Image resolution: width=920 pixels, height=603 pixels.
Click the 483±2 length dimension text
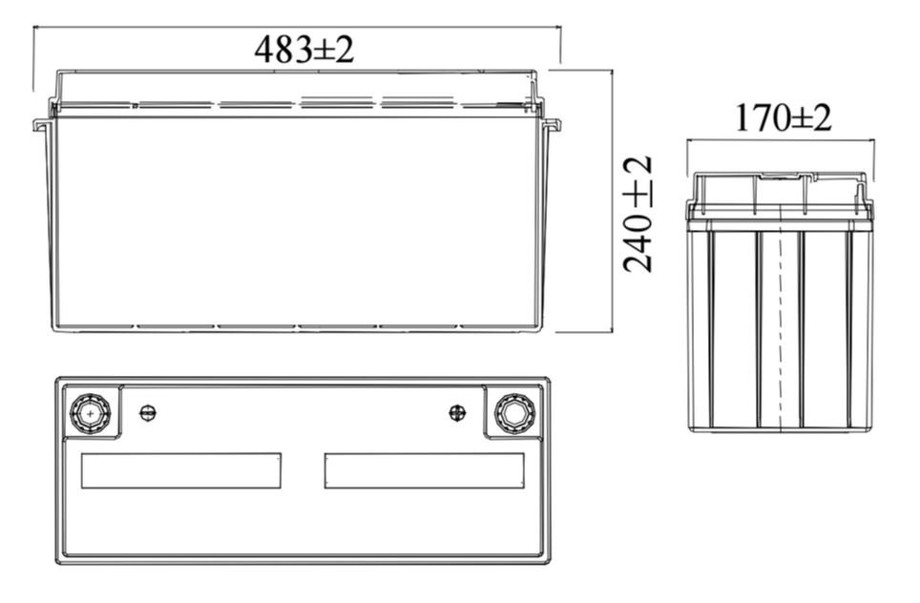(x=303, y=50)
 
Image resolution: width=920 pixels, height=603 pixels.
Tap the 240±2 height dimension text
(x=638, y=214)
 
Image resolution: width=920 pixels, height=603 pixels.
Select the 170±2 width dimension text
(x=784, y=118)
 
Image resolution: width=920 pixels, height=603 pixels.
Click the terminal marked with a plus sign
(x=91, y=413)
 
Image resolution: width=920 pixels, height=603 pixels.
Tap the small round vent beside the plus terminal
(x=148, y=413)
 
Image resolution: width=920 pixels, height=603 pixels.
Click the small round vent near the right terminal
(x=457, y=413)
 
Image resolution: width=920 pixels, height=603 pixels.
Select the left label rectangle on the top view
(x=180, y=470)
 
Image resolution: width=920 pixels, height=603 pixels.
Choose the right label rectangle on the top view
(x=425, y=470)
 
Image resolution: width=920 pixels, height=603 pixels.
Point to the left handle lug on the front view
(x=40, y=125)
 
